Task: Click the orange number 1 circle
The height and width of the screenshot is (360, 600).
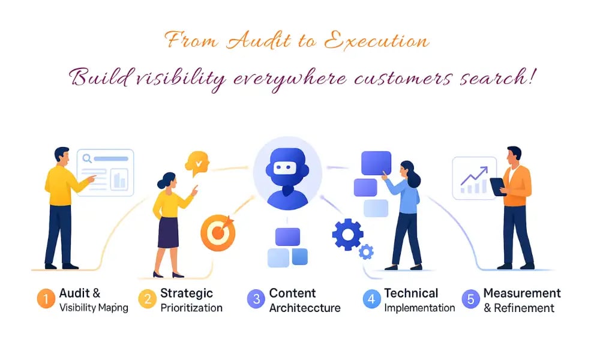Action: (46, 299)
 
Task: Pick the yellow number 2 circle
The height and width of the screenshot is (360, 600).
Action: (148, 299)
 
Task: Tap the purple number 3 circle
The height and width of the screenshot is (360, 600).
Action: (255, 299)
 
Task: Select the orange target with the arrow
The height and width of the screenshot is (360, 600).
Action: (217, 233)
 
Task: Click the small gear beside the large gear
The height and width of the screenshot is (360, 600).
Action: (366, 252)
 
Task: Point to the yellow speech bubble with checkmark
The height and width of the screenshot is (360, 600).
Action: (197, 162)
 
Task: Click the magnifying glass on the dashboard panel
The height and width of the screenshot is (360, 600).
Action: (88, 159)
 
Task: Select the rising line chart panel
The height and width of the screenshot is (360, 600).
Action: (474, 178)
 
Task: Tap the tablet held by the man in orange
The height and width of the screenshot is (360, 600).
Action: (497, 186)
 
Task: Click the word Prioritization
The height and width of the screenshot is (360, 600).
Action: (191, 308)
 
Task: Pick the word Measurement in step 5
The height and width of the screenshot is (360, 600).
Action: (522, 293)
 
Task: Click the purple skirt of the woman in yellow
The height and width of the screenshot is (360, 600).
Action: (168, 232)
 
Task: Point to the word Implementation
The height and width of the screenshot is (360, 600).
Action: (419, 308)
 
